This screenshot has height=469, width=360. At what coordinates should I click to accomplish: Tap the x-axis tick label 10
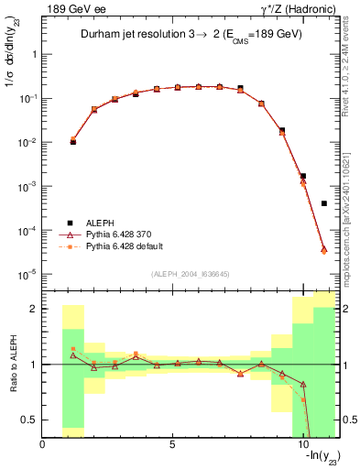tap(303, 444)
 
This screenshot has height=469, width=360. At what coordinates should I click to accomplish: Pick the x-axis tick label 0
tap(43, 444)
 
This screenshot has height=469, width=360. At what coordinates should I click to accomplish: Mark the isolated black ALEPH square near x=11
tap(324, 203)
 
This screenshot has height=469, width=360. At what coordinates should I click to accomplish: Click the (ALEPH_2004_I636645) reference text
tap(191, 275)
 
